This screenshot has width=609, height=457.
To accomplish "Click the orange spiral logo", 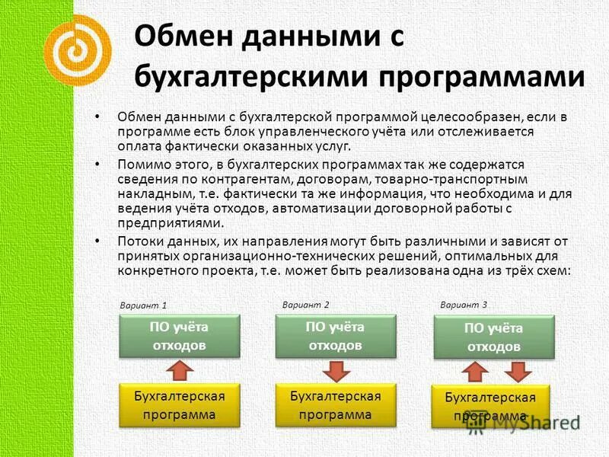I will pos(77,49).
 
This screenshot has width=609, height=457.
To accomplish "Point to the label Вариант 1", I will pos(143,305).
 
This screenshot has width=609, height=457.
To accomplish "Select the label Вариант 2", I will pos(305,304).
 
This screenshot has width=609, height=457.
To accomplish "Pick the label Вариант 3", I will pos(463,304).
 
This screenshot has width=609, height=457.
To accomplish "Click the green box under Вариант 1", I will pos(180,336).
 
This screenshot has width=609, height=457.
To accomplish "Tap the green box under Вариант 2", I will pos(335,336).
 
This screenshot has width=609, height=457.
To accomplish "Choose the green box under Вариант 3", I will pos(494,337).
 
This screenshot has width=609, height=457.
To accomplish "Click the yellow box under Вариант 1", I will pos(180,405).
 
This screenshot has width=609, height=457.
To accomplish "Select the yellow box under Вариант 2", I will pos(335,405).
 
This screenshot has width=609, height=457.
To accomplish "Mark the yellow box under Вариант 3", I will pos(491,407).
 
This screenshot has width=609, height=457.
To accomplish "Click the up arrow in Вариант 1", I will pos(180,371).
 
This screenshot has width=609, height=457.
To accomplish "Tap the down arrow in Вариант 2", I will pos(335,371).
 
